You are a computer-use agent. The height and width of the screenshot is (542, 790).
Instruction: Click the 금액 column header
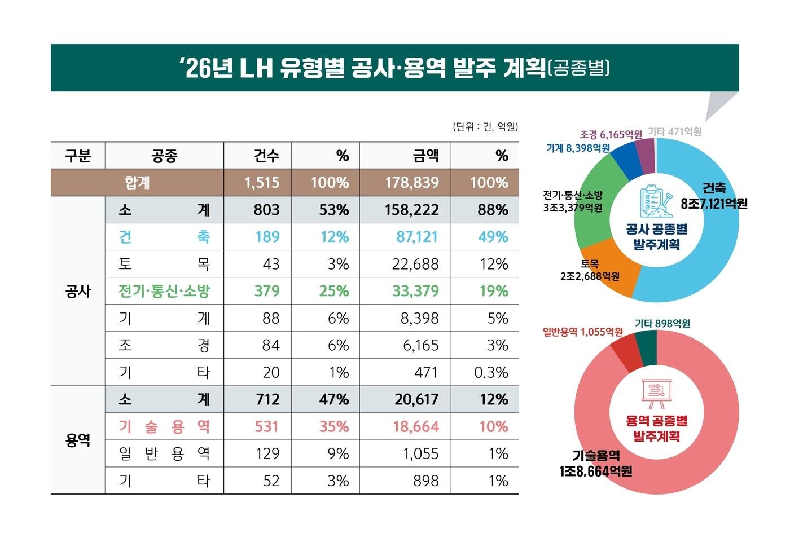tap(425, 156)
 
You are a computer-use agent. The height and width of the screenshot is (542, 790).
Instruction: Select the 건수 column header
tap(266, 156)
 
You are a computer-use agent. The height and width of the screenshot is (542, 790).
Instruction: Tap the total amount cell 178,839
tap(412, 183)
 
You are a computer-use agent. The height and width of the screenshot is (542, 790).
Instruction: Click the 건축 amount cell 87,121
tap(416, 237)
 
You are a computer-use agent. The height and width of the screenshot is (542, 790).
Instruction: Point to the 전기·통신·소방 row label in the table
tap(164, 291)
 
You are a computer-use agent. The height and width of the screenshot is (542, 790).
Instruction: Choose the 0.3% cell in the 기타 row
tap(491, 372)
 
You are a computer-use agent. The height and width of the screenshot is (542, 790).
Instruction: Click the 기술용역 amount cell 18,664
tap(416, 426)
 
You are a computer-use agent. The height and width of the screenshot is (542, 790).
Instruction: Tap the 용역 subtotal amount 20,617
tap(416, 399)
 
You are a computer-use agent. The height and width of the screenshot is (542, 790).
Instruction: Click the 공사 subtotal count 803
tap(266, 210)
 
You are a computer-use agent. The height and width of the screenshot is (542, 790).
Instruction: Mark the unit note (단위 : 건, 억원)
tap(485, 127)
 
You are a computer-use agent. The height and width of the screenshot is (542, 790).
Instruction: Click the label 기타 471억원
tap(674, 132)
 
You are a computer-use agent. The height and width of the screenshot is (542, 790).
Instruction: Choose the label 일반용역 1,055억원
tap(582, 332)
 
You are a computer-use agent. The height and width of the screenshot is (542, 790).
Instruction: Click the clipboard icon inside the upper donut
tap(656, 201)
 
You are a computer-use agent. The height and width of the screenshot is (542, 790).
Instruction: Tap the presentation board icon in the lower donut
tap(656, 394)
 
